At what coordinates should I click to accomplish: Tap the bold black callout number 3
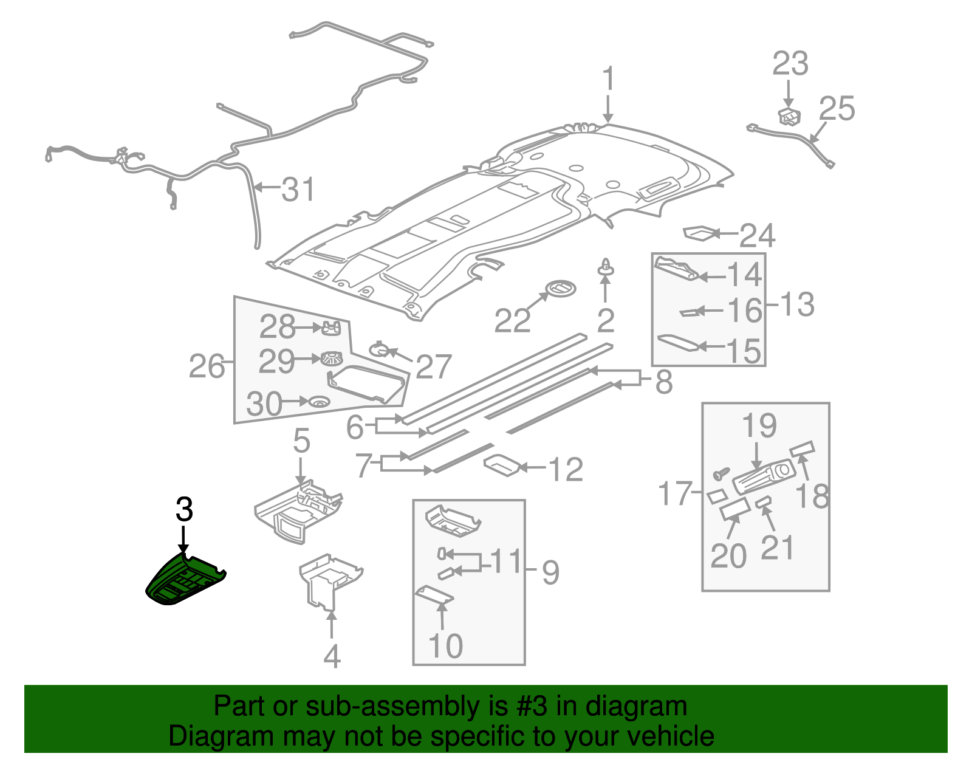pos(184,509)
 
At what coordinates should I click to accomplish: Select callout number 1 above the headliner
pos(608,80)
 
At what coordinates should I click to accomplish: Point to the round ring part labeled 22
pos(561,289)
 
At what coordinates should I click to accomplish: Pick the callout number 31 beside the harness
pos(298,190)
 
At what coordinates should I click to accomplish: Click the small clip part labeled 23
pos(789,115)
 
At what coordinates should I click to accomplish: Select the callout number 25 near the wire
pos(837,109)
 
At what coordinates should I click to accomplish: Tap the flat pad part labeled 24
pos(699,233)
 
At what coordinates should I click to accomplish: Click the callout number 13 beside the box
pos(796,304)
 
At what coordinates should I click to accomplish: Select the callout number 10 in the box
pos(445,645)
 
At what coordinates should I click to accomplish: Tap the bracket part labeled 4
pos(328,580)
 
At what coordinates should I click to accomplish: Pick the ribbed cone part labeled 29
pos(330,359)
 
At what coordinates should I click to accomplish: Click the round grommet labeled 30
pos(318,402)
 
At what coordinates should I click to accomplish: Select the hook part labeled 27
pos(379,349)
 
